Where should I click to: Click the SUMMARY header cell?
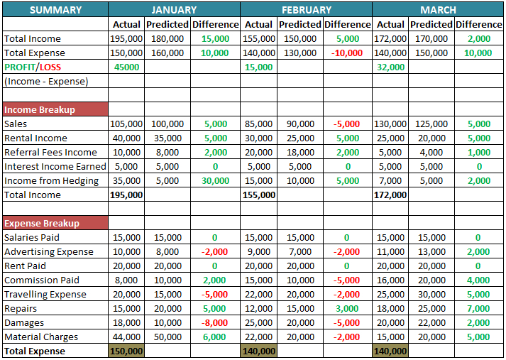tap(55, 10)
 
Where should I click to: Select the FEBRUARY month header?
tap(306, 10)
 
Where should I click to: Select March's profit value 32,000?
tap(391, 67)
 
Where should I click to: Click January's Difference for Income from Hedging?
tap(216, 180)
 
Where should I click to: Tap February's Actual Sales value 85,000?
tap(258, 124)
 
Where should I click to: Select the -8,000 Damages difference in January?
tap(216, 322)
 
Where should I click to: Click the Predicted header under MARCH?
tap(431, 24)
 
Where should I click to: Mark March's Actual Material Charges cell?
tap(391, 337)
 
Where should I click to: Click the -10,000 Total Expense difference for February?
tap(347, 53)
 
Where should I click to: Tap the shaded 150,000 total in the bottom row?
tap(127, 351)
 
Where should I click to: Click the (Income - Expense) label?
tap(46, 81)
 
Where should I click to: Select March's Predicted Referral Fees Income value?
tap(431, 152)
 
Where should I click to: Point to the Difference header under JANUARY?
tap(216, 24)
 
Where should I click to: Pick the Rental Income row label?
tap(35, 138)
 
